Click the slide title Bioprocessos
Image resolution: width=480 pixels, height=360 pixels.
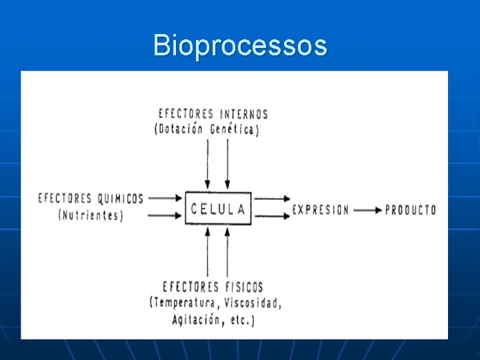click(240, 46)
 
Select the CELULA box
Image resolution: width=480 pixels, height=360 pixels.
click(218, 209)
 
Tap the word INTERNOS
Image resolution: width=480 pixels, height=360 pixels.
click(241, 114)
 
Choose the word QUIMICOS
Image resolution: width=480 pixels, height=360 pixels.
click(121, 198)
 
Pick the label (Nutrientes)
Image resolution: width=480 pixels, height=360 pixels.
click(91, 215)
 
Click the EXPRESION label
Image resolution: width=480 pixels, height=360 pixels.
click(321, 210)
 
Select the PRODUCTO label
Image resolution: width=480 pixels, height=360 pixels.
click(411, 210)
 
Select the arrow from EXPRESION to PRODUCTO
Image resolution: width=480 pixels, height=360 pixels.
click(367, 210)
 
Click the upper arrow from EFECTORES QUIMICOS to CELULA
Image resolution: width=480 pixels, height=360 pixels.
click(165, 198)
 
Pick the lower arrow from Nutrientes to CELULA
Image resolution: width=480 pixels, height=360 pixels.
click(165, 215)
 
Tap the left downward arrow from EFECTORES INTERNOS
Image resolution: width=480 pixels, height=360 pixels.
click(208, 164)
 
